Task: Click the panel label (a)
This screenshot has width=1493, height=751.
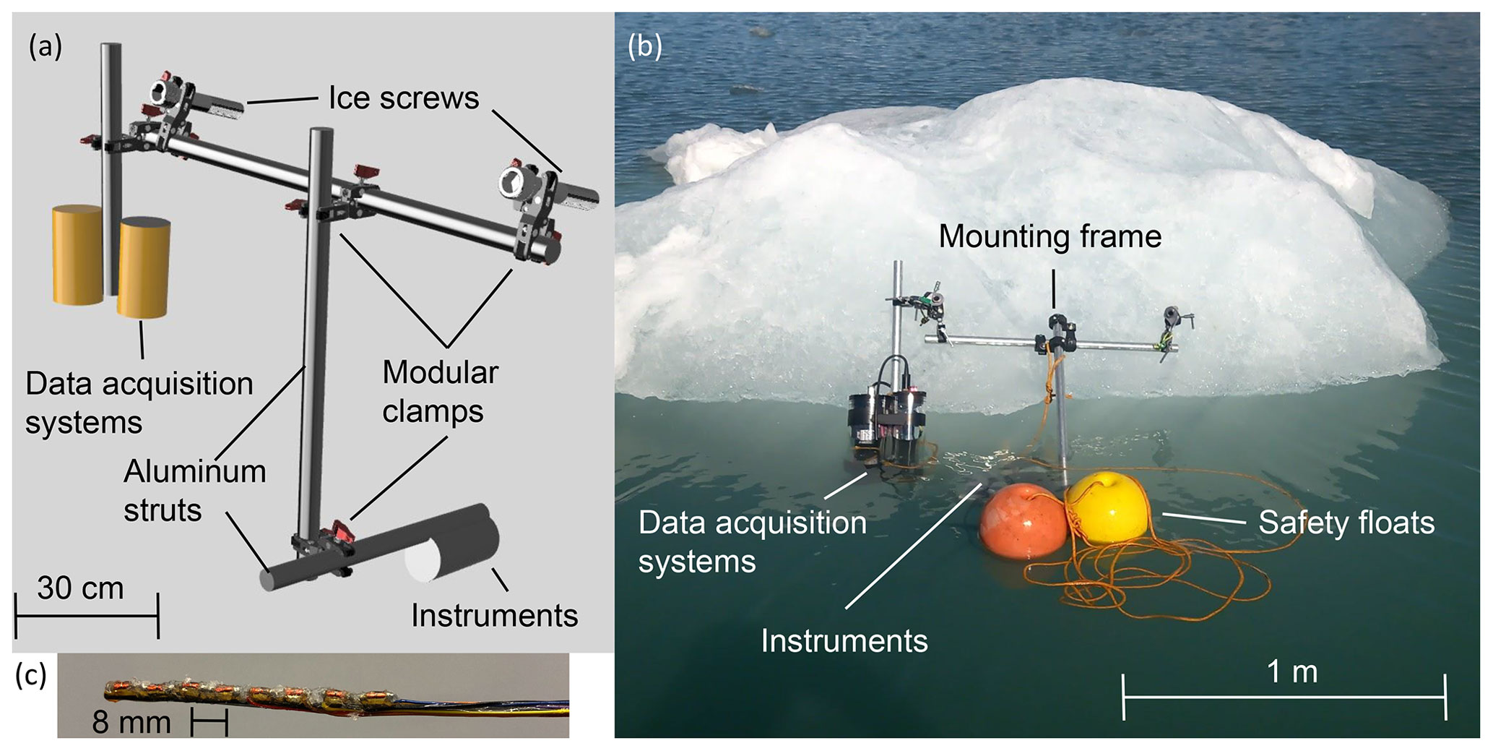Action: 45,47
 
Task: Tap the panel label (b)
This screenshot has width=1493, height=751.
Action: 644,47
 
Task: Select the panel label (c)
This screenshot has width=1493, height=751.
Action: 31,675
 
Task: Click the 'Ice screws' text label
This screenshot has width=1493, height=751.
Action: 403,98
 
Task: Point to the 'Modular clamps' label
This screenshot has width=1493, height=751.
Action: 439,392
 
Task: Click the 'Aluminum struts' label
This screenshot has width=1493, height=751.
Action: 194,491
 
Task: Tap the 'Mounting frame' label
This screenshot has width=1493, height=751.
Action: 1050,236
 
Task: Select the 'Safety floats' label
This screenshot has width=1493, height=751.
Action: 1346,523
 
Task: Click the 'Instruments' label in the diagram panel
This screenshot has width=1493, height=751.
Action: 494,616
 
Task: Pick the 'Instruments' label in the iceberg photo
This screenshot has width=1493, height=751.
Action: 844,641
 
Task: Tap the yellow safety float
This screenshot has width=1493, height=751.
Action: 1105,506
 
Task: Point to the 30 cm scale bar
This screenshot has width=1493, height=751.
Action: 86,616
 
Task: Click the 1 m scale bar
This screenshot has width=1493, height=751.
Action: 1284,697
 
